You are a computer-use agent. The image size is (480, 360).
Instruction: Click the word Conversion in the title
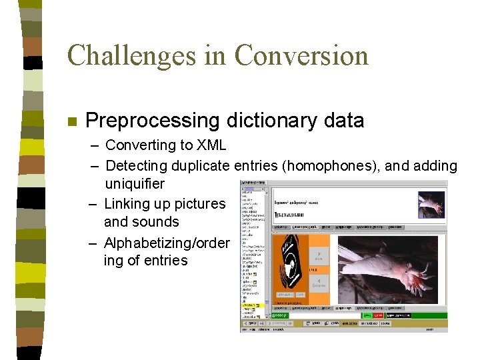click(301, 55)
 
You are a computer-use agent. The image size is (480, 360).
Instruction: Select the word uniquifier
click(135, 183)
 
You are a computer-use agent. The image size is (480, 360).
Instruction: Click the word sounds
click(155, 222)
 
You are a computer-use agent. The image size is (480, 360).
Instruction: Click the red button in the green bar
click(379, 315)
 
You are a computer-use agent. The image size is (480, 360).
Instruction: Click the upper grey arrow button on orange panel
click(319, 256)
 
